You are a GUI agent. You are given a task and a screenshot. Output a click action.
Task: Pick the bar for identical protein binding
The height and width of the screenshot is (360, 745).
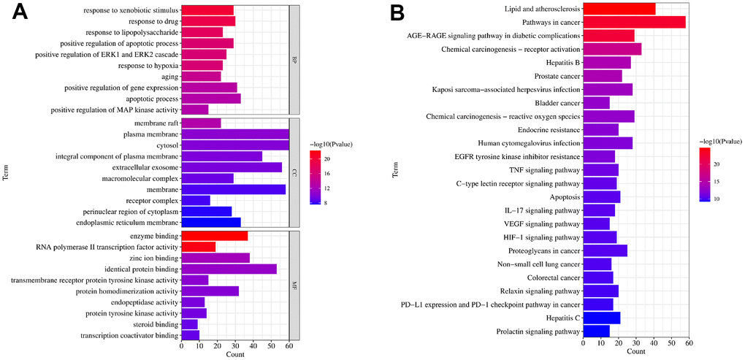229,269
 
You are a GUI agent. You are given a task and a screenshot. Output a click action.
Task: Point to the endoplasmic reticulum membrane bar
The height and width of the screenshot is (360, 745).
211,222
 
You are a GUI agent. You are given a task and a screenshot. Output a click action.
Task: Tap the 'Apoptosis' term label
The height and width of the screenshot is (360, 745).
564,197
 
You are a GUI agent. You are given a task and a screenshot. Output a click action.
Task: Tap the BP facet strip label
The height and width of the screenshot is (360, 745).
294,59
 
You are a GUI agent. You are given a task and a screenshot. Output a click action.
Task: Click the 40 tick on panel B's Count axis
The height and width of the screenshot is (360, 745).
654,342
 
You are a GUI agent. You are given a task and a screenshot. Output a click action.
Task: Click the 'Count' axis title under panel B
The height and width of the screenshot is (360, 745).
635,351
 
